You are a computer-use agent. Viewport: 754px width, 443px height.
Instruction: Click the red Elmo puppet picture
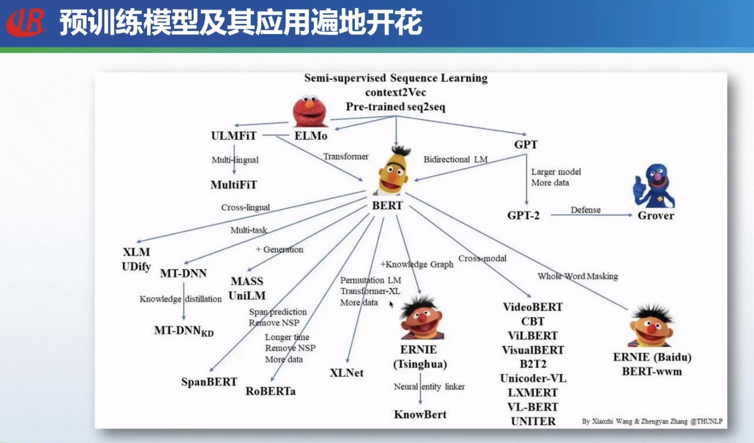tap(311, 112)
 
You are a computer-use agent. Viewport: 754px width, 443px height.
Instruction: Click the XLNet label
tap(346, 373)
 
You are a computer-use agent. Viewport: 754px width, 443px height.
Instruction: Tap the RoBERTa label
tap(270, 391)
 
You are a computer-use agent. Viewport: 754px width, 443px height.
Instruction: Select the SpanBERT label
tap(209, 381)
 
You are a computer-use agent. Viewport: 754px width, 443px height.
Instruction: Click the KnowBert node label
tap(420, 414)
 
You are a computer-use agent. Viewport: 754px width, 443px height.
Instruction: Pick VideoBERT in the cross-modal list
tap(533, 307)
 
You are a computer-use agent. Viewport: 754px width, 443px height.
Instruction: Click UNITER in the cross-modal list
tap(533, 421)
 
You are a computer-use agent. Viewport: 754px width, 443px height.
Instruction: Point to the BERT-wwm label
tap(652, 371)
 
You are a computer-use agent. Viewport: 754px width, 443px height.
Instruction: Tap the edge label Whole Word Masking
tap(577, 276)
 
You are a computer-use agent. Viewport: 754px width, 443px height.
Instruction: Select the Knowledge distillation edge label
tap(181, 299)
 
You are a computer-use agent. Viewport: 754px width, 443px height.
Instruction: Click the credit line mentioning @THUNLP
tap(652, 421)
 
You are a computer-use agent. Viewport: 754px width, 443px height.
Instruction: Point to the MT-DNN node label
tap(183, 273)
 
